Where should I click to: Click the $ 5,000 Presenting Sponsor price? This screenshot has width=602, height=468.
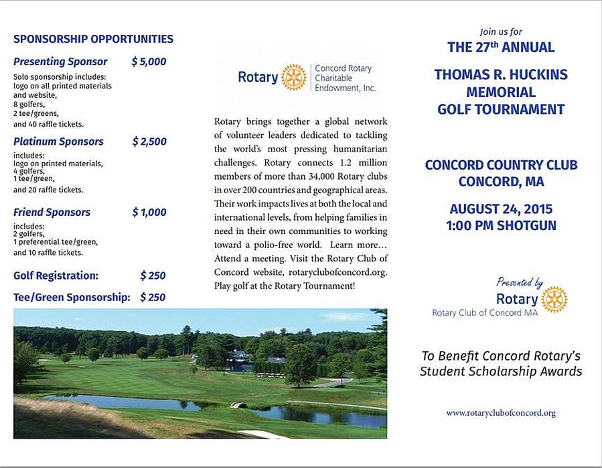click(x=149, y=62)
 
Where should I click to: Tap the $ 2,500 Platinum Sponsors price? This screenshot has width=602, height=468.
click(x=149, y=141)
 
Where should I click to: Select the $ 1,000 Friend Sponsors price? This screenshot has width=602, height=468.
click(x=149, y=212)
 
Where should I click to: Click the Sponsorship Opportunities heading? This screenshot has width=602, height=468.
click(x=93, y=39)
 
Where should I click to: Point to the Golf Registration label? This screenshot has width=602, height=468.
click(x=56, y=276)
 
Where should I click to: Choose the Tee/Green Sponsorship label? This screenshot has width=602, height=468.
click(x=72, y=297)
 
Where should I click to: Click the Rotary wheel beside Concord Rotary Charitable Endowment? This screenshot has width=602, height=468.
click(x=294, y=77)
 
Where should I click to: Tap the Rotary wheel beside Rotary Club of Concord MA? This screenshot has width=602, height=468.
click(x=554, y=299)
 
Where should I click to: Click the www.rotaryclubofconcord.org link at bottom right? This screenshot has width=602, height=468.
click(x=501, y=413)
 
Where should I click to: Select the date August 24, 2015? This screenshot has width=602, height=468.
click(x=501, y=209)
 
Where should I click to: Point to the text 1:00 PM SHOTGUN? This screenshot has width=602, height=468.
click(x=501, y=226)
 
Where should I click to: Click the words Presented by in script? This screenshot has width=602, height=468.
click(x=520, y=282)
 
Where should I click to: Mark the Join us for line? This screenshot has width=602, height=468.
click(x=501, y=32)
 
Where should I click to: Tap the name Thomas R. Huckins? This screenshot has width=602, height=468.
click(x=501, y=74)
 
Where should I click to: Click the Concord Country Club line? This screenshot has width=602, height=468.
click(x=501, y=165)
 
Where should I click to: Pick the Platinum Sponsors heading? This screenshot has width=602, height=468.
click(x=58, y=141)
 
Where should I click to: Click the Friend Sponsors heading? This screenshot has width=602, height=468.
click(x=52, y=212)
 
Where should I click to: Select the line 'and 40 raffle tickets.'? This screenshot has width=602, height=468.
click(x=48, y=124)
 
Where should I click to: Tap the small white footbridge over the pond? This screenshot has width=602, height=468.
click(x=235, y=405)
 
